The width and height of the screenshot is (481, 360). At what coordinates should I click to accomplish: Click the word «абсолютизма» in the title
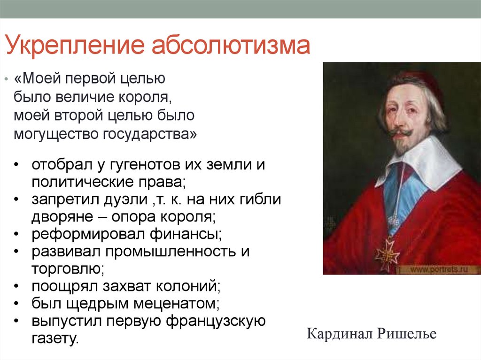pyautogui.click(x=231, y=45)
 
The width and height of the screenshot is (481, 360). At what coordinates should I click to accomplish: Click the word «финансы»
pyautogui.click(x=186, y=234)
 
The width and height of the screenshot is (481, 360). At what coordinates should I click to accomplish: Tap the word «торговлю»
pyautogui.click(x=68, y=269)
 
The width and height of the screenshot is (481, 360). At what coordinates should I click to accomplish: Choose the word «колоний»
pyautogui.click(x=188, y=286)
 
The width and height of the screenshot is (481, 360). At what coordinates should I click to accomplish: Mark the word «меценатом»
pyautogui.click(x=177, y=304)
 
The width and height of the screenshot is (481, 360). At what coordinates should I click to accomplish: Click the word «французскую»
pyautogui.click(x=216, y=322)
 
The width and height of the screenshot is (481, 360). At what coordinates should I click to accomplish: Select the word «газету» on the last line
pyautogui.click(x=55, y=338)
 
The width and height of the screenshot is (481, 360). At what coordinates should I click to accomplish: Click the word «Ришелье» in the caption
pyautogui.click(x=406, y=334)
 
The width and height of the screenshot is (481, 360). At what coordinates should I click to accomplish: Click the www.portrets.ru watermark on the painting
pyautogui.click(x=439, y=269)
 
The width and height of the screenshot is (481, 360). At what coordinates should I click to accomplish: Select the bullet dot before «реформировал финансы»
pyautogui.click(x=16, y=235)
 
